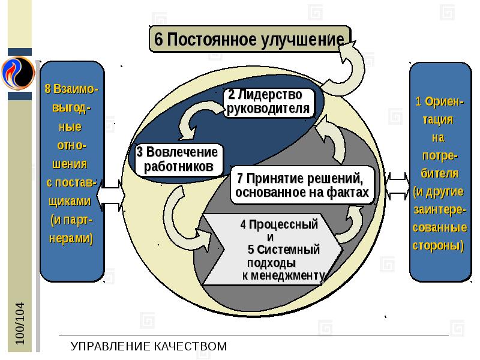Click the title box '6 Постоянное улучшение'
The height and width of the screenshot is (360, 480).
tap(248, 40)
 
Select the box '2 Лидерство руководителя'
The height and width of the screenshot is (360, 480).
tap(269, 102)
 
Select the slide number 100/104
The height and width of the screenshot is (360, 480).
tap(21, 323)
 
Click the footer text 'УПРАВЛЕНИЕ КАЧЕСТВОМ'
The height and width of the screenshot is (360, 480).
tap(149, 346)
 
